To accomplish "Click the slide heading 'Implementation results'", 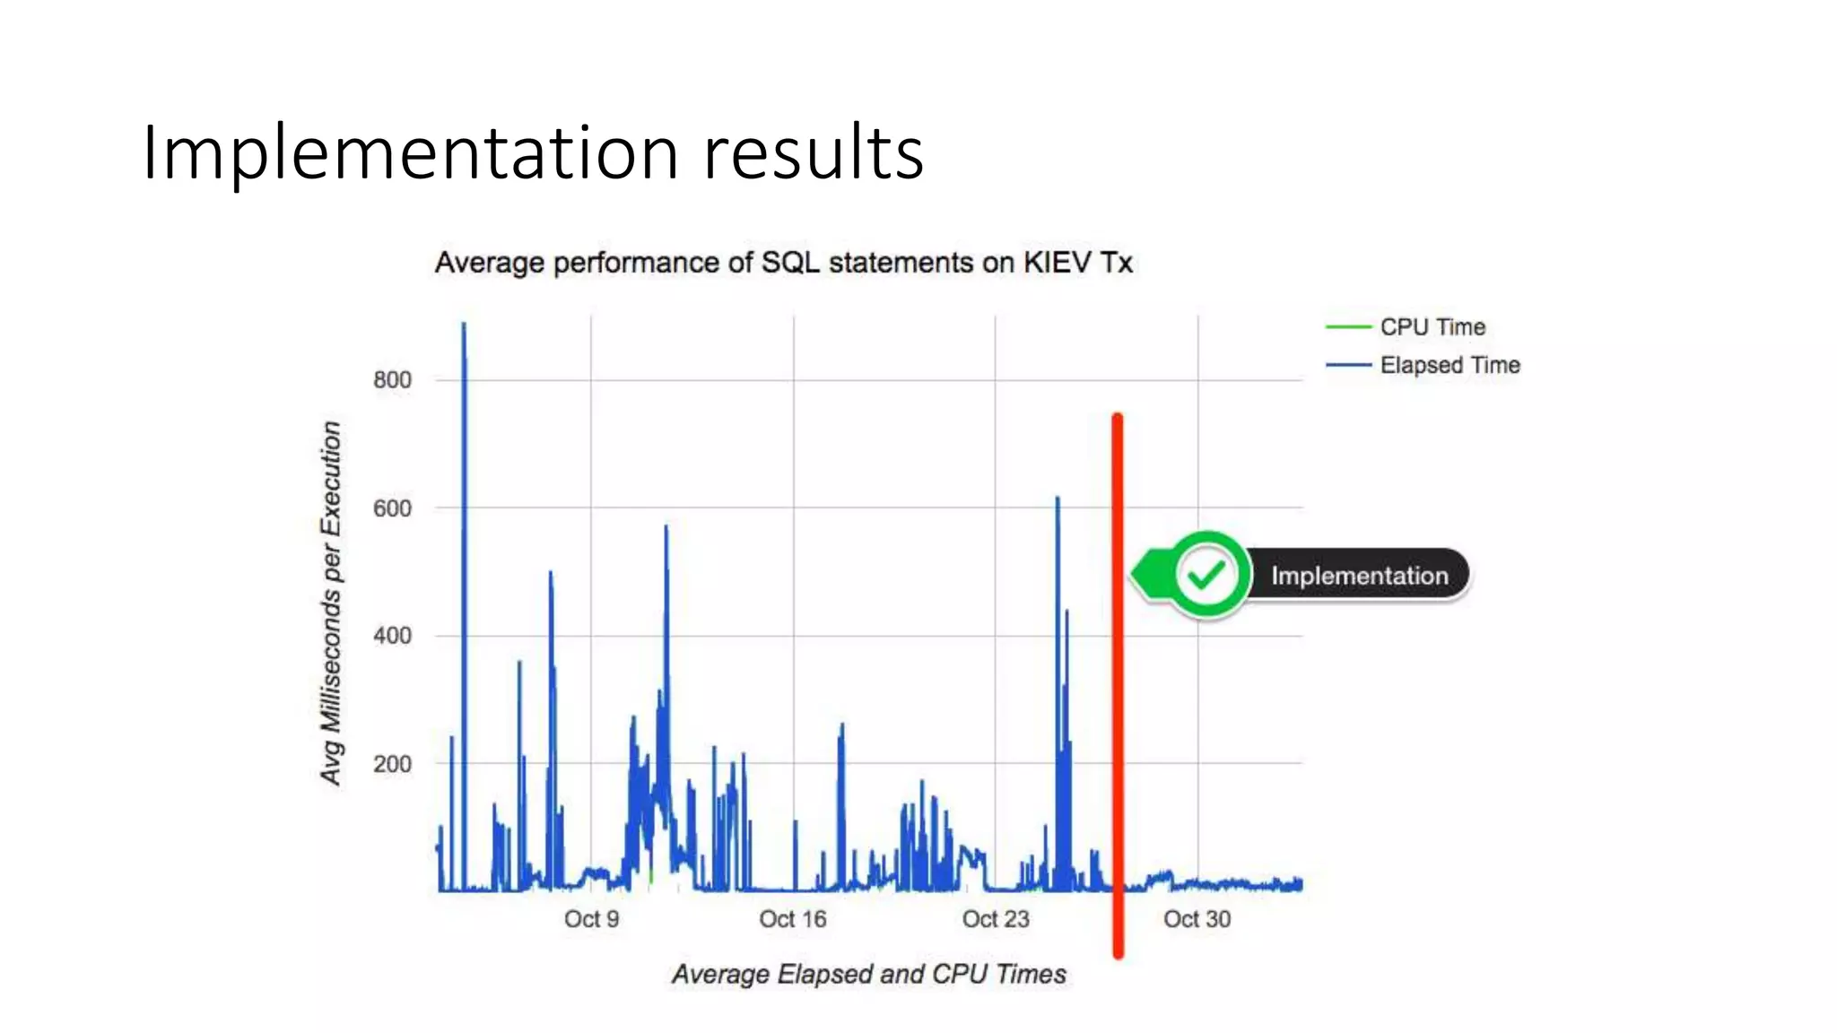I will coord(533,152).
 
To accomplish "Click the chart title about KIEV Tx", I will coord(783,263).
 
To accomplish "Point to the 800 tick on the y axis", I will coord(392,380).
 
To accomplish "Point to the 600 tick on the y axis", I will coord(392,508).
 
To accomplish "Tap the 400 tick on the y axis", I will coord(392,636).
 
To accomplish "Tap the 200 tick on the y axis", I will coord(392,764).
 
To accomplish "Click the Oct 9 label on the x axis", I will coord(591,919).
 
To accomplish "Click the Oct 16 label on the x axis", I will coord(792,919).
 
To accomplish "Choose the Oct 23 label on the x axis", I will coord(995,919).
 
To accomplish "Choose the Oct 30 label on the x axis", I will coord(1197,919).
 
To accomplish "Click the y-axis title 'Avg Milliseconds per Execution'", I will coord(331,603).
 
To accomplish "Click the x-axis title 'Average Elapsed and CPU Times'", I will coord(868,974).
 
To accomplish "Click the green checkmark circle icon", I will coord(1206,575).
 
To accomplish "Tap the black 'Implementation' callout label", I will coord(1359,576).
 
